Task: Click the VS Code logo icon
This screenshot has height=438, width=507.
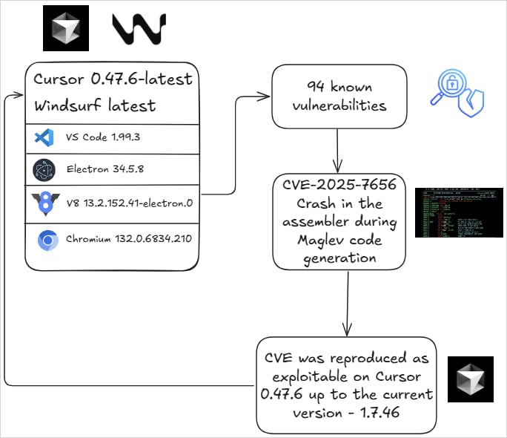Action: (43, 138)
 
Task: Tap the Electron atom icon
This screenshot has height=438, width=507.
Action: (44, 170)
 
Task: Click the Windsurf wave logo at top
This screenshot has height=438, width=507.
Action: (139, 28)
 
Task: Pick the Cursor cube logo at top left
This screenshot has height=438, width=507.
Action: (66, 28)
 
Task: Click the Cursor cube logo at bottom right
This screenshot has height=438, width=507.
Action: (470, 379)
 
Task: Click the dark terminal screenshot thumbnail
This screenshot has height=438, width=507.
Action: (458, 212)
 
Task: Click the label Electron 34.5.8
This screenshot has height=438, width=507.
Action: (105, 170)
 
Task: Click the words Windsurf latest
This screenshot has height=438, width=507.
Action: (96, 105)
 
